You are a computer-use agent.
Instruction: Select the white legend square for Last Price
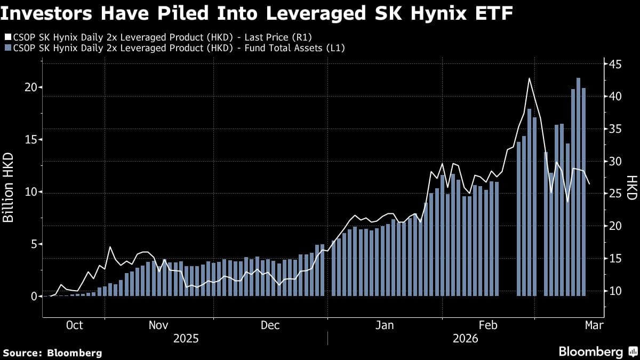point(7,37)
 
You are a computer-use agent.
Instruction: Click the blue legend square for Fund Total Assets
point(7,49)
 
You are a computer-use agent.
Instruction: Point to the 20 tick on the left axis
point(30,87)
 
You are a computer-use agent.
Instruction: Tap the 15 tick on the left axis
point(30,140)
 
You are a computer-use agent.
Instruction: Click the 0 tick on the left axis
point(33,297)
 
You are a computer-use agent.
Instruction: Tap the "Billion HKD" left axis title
point(9,188)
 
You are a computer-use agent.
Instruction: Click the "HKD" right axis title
point(631,188)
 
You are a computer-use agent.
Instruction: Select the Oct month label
point(74,325)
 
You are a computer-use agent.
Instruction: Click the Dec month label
point(270,325)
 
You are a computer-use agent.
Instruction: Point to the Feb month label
point(489,325)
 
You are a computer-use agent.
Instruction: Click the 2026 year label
point(465,339)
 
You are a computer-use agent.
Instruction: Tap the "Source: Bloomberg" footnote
point(52,353)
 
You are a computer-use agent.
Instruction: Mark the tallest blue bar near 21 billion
point(578,187)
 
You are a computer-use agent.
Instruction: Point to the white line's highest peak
point(529,78)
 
